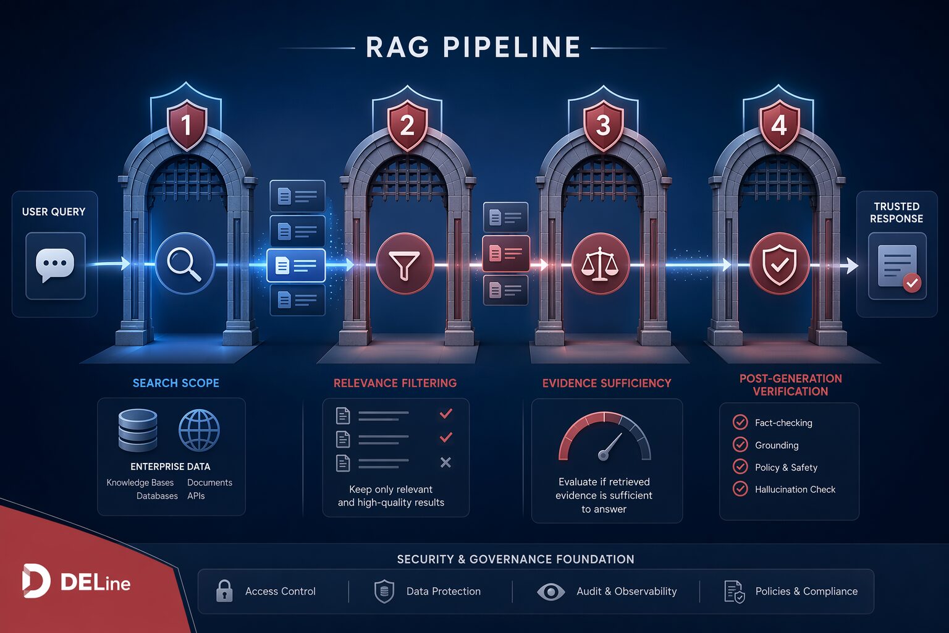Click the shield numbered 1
pyautogui.click(x=187, y=125)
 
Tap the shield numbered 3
pyautogui.click(x=603, y=125)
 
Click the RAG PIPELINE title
pyautogui.click(x=473, y=46)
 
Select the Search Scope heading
pyautogui.click(x=176, y=383)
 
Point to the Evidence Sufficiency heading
pyautogui.click(x=607, y=383)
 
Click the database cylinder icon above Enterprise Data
pyautogui.click(x=138, y=430)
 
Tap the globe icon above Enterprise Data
pyautogui.click(x=199, y=430)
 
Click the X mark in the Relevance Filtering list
pyautogui.click(x=445, y=462)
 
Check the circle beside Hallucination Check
pyautogui.click(x=740, y=489)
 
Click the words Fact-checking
pyautogui.click(x=783, y=423)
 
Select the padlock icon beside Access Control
pyautogui.click(x=224, y=590)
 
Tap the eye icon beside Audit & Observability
pyautogui.click(x=550, y=592)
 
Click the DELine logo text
pyautogui.click(x=95, y=583)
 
